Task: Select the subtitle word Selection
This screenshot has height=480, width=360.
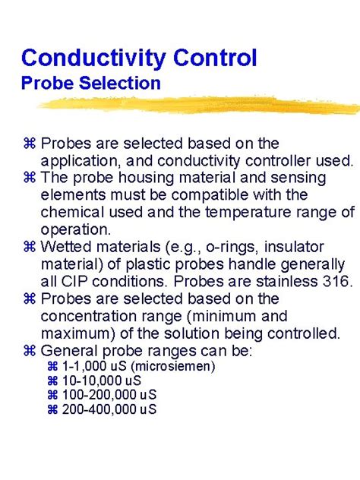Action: click(x=120, y=82)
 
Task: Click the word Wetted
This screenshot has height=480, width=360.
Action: click(x=66, y=247)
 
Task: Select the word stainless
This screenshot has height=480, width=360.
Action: click(x=279, y=280)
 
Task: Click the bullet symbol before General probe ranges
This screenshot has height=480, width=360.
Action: click(x=31, y=350)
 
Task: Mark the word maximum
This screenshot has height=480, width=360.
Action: click(x=72, y=332)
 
